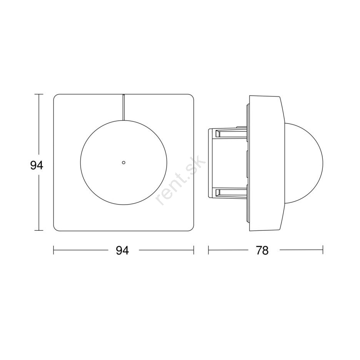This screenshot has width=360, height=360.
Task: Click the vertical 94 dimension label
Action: click(x=37, y=165)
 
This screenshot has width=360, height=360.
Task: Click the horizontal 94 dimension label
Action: click(x=122, y=250)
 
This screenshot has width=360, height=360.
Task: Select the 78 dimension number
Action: click(x=262, y=250)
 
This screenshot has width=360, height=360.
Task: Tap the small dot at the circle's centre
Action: click(x=124, y=163)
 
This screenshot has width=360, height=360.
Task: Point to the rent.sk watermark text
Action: click(x=180, y=180)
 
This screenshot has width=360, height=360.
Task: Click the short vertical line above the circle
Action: click(x=123, y=107)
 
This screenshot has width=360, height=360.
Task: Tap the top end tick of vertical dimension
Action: click(x=39, y=94)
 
